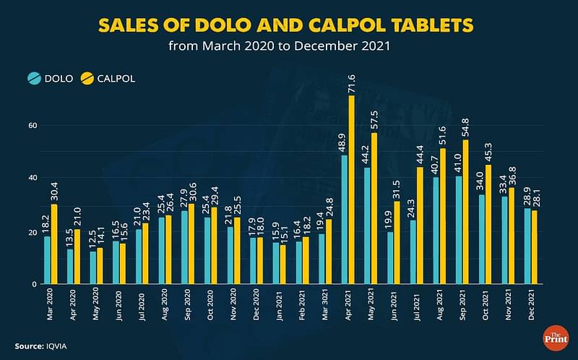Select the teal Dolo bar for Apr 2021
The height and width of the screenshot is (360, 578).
click(x=344, y=220)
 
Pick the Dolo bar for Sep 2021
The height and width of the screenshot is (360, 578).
click(x=459, y=231)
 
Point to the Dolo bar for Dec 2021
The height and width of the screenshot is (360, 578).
click(x=527, y=247)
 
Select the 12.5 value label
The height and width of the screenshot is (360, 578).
click(x=92, y=237)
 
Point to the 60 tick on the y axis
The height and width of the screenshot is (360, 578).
click(x=32, y=125)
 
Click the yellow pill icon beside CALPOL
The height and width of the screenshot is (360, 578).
click(x=88, y=78)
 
